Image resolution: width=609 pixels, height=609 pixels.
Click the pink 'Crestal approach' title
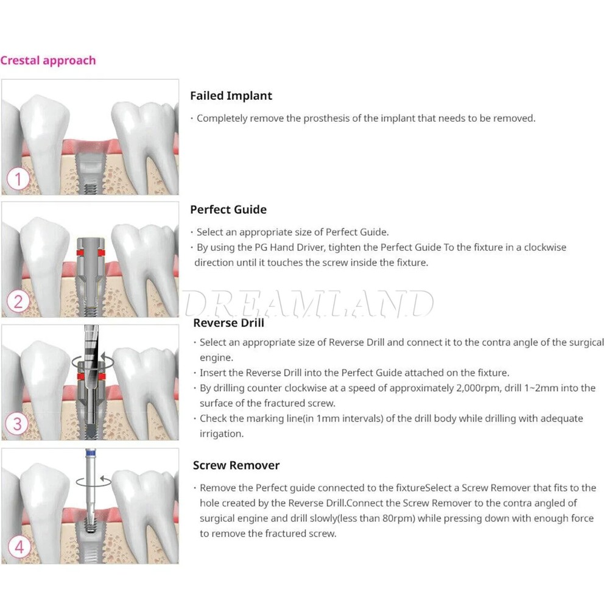point(48,60)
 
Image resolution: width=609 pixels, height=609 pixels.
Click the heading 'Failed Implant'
point(231,96)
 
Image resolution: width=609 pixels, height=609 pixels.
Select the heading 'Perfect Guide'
point(228,209)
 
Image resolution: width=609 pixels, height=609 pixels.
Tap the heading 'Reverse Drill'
point(228,323)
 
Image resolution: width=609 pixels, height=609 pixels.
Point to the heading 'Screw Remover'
point(236,465)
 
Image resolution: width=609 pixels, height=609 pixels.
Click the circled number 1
point(18,179)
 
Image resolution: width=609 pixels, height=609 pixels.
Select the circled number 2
point(18,302)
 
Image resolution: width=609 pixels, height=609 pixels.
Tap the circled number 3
point(17,423)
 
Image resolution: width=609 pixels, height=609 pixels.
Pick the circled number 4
point(19,547)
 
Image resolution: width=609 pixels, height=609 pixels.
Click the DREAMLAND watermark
point(308,304)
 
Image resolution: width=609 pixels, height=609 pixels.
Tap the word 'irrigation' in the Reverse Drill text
point(222,434)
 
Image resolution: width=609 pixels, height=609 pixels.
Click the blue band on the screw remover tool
point(91,452)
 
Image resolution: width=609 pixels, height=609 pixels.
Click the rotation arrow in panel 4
point(94,481)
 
